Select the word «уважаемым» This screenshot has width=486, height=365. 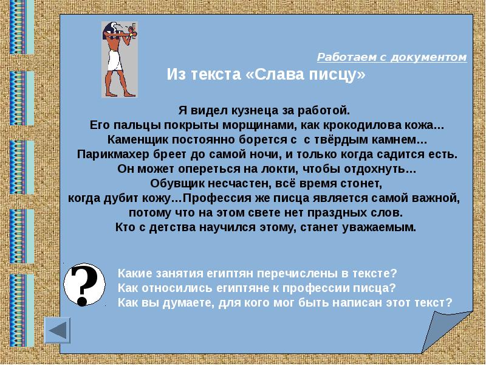coord(378,228)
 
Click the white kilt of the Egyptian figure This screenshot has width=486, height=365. coord(114,60)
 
